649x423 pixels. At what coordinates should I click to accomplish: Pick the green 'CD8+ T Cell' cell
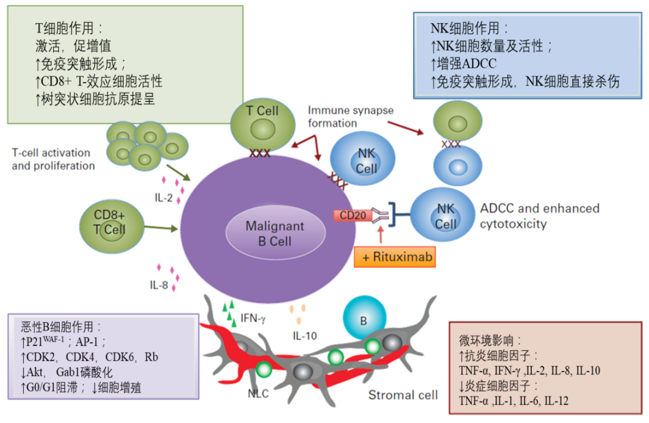110,222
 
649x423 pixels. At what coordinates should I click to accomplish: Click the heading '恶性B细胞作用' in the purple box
62,327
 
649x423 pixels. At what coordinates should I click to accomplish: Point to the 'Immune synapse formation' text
351,116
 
